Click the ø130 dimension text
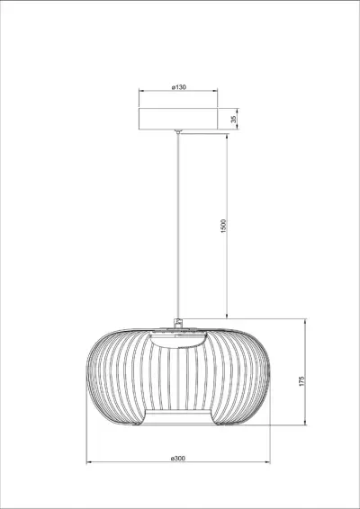coord(178,88)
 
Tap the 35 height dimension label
coord(234,119)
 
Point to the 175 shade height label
coord(303,381)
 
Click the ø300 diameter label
coord(177,459)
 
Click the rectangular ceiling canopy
coord(178,120)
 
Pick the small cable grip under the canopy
coord(178,132)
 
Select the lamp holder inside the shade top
coord(178,340)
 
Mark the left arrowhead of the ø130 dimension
coord(140,94)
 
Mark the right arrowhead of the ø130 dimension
coord(216,94)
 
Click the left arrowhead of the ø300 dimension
coord(88,464)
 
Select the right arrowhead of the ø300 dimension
coord(268,464)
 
